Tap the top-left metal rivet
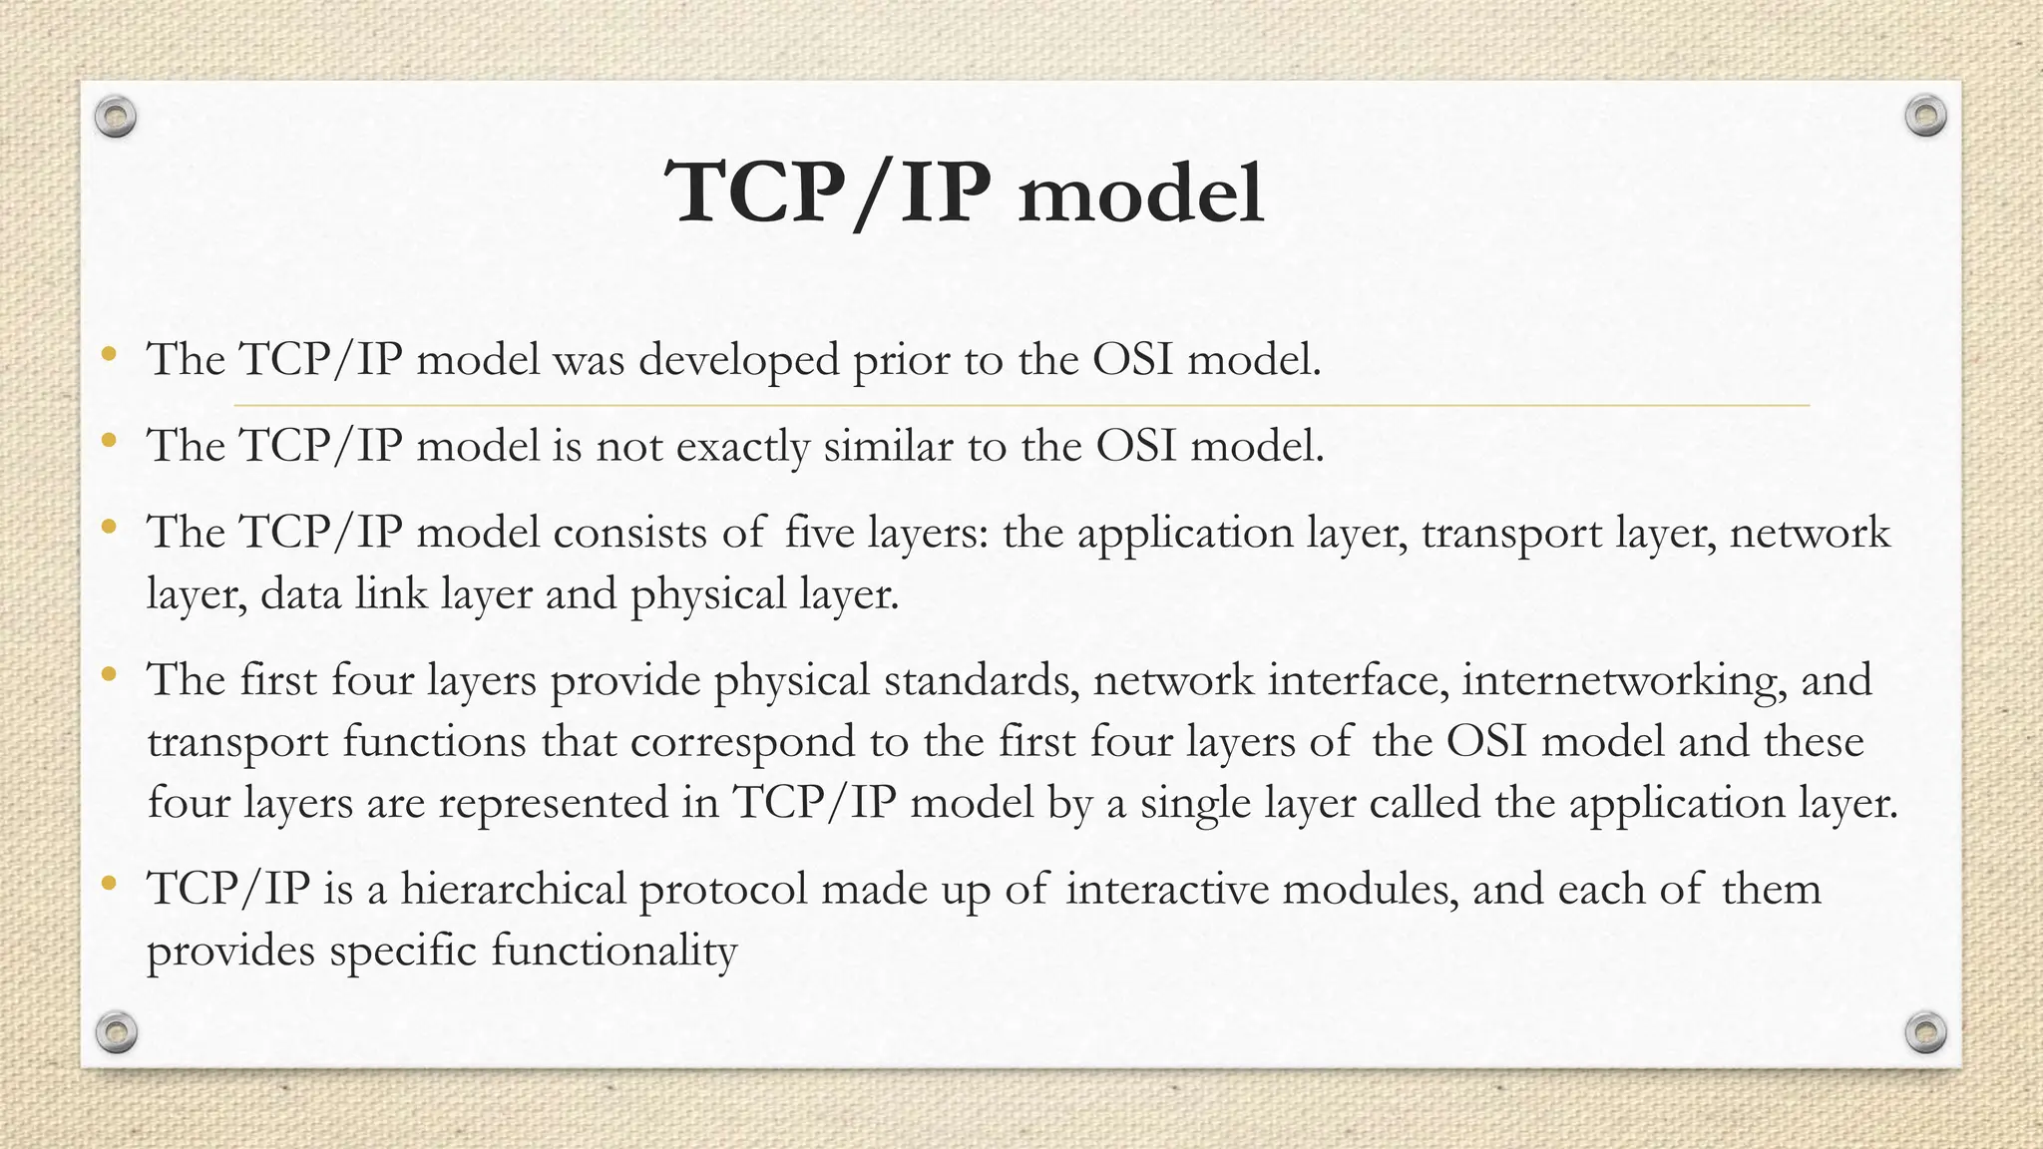[116, 118]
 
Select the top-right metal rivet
[1925, 117]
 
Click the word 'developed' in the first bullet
[738, 360]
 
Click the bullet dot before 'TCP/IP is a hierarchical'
[110, 883]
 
